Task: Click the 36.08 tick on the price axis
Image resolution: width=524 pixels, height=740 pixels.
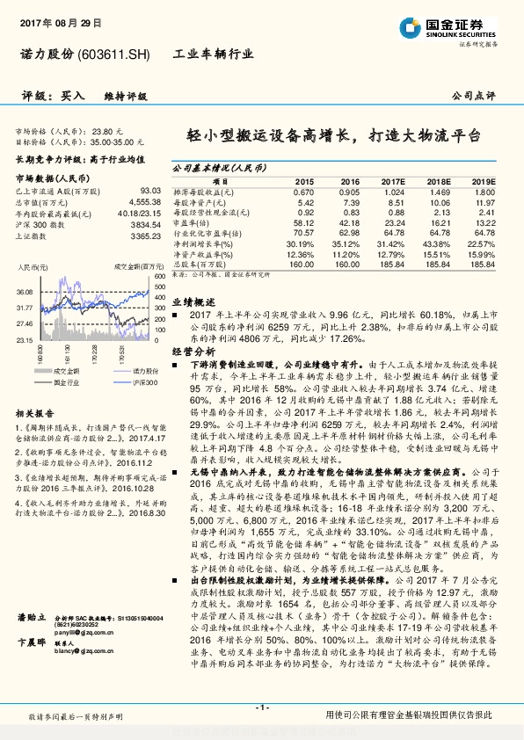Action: (25, 292)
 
